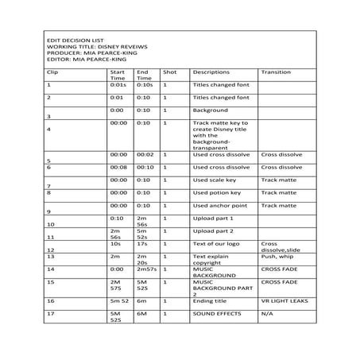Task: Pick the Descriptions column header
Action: point(211,72)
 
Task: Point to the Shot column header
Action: point(170,72)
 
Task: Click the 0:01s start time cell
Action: point(118,83)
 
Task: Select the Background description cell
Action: point(210,110)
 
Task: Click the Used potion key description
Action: point(217,192)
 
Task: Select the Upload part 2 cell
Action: point(214,230)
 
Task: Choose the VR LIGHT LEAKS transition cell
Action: point(285,301)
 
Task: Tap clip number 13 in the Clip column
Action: point(50,257)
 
